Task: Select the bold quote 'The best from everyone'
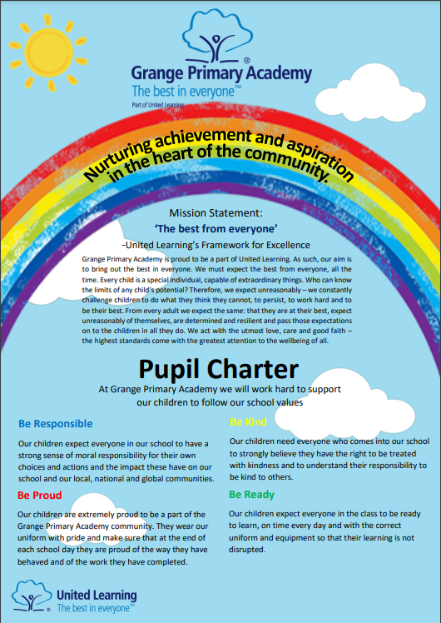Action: coord(220,229)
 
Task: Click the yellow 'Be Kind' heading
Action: coord(248,421)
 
